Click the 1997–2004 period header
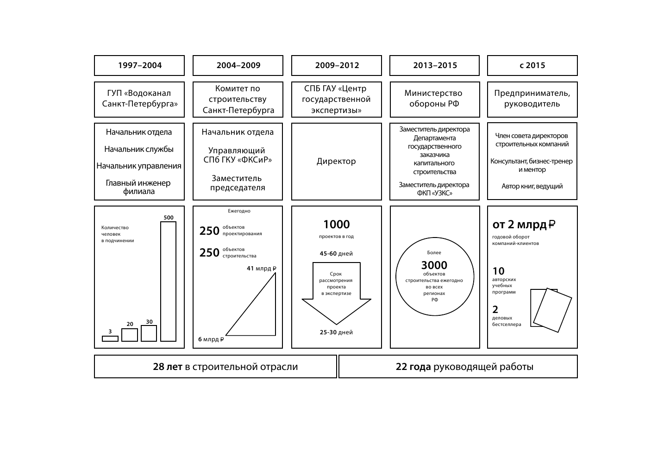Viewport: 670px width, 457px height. pyautogui.click(x=139, y=65)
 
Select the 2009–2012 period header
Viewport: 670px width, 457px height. pyautogui.click(x=337, y=65)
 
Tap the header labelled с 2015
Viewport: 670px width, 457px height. pyautogui.click(x=532, y=65)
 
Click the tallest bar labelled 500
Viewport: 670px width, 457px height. pyautogui.click(x=168, y=282)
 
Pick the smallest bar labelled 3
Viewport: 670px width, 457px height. pyautogui.click(x=110, y=338)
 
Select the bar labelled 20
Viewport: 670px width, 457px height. pyautogui.click(x=130, y=335)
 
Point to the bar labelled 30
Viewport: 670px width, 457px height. pyautogui.click(x=149, y=333)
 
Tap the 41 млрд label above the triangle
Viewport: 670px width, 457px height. pyautogui.click(x=261, y=268)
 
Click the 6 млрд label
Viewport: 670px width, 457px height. pyautogui.click(x=211, y=339)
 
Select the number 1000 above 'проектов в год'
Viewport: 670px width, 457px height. pyautogui.click(x=337, y=225)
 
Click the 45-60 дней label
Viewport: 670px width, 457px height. pyautogui.click(x=336, y=253)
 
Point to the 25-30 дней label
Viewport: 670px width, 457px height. pyautogui.click(x=336, y=332)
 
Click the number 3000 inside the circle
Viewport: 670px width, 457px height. pyautogui.click(x=434, y=265)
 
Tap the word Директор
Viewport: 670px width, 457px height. pyautogui.click(x=336, y=161)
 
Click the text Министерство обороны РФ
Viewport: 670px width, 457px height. pyautogui.click(x=434, y=98)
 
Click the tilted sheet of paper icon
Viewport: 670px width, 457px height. pyautogui.click(x=553, y=310)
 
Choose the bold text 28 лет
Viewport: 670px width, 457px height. pyautogui.click(x=168, y=367)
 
